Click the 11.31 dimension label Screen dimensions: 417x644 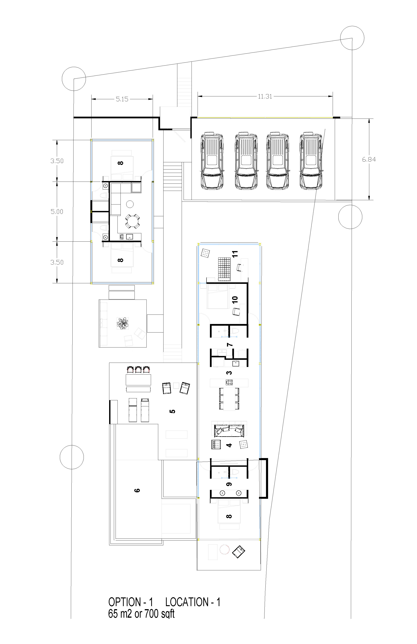point(265,96)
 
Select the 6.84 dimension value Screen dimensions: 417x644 point(369,160)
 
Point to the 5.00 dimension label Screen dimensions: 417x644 point(57,212)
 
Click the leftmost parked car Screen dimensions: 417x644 point(212,160)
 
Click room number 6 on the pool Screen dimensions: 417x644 point(137,490)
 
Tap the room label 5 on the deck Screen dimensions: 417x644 point(172,411)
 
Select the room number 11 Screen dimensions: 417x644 point(235,254)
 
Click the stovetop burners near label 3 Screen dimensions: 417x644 point(230,382)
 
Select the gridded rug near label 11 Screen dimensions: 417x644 point(225,268)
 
